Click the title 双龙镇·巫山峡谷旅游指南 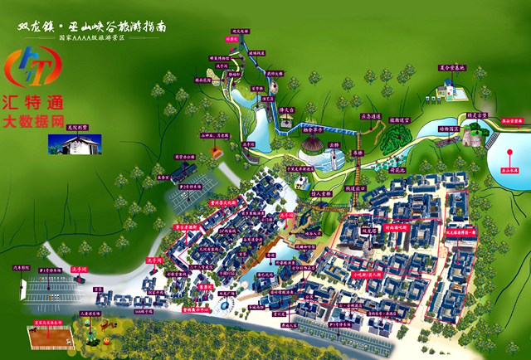click(x=95, y=26)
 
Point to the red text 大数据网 click(x=33, y=122)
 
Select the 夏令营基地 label click(x=451, y=69)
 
